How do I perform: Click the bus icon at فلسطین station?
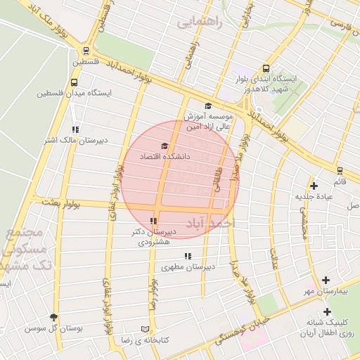point(86,51)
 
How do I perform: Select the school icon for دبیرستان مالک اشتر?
point(75,129)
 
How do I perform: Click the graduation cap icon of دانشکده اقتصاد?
point(165,146)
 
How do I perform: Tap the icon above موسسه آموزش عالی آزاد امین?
point(208,105)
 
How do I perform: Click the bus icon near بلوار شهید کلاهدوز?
point(266,68)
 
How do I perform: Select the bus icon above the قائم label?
point(340,170)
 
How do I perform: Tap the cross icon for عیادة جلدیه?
point(314,186)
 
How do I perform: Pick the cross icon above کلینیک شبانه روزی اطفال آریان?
point(327,311)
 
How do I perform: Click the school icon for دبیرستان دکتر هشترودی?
point(154,221)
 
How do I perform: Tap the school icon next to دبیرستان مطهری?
point(187,256)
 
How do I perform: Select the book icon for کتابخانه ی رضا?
point(146,328)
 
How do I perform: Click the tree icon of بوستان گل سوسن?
point(54,317)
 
